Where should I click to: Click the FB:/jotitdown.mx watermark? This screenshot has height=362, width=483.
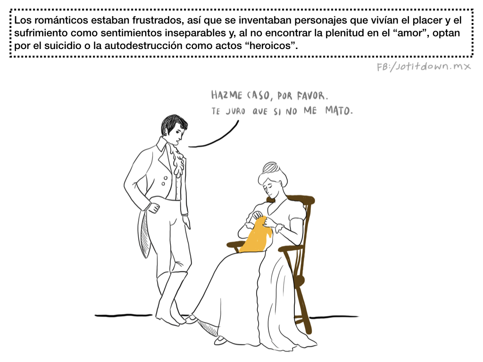pyautogui.click(x=424, y=66)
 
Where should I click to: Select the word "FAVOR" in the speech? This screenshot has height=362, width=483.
pyautogui.click(x=311, y=96)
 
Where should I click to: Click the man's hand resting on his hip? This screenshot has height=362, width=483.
pyautogui.click(x=154, y=208)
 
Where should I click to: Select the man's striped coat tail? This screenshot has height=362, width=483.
pyautogui.click(x=144, y=234)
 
